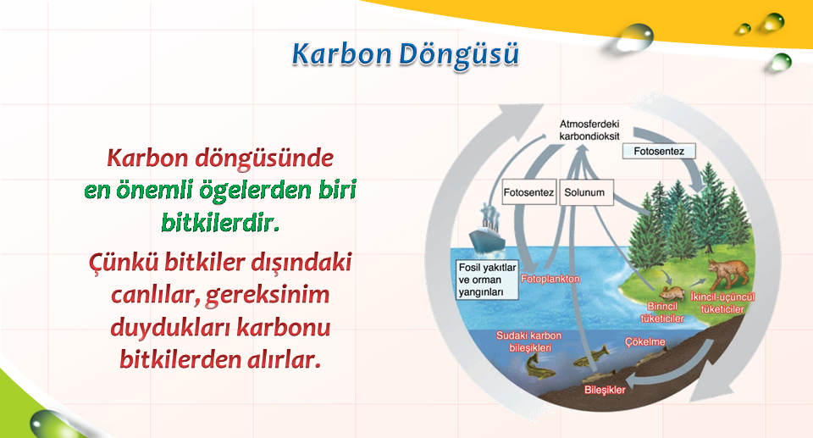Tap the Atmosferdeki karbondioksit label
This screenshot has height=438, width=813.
click(x=589, y=130)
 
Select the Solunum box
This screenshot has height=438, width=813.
click(x=586, y=192)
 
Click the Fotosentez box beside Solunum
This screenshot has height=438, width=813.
click(x=529, y=192)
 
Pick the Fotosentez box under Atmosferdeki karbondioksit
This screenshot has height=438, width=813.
click(x=659, y=151)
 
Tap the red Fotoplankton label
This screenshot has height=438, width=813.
click(x=550, y=280)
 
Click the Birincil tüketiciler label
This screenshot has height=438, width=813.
click(x=662, y=313)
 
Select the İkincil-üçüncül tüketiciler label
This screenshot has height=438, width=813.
click(x=722, y=303)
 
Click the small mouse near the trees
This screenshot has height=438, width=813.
click(x=672, y=292)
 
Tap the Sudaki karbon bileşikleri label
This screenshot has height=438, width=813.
click(x=528, y=341)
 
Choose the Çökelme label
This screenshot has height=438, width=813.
click(x=645, y=342)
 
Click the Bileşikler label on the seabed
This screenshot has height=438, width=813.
click(x=605, y=390)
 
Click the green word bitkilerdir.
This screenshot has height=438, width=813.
click(x=220, y=223)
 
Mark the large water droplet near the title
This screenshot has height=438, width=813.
click(x=633, y=37)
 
